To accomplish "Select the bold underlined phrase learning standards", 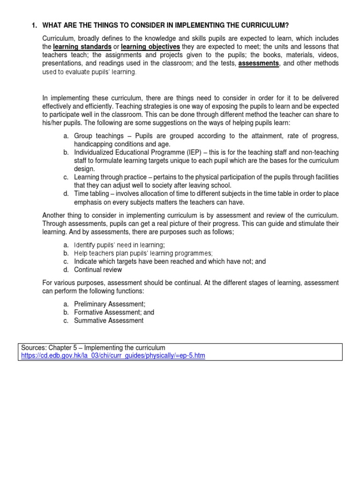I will pos(82,47).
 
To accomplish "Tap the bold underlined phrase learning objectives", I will pos(150,47).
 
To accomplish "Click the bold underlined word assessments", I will pos(258,63).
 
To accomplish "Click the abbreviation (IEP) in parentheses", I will pos(191,152).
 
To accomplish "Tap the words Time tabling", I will pos(91,194).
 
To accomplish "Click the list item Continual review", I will pos(98,270).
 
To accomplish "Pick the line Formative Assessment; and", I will pos(114,312).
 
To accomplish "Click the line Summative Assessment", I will pos(109,321).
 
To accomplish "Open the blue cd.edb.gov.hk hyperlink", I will pos(113,356).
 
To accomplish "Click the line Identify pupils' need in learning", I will pos(120,245).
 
